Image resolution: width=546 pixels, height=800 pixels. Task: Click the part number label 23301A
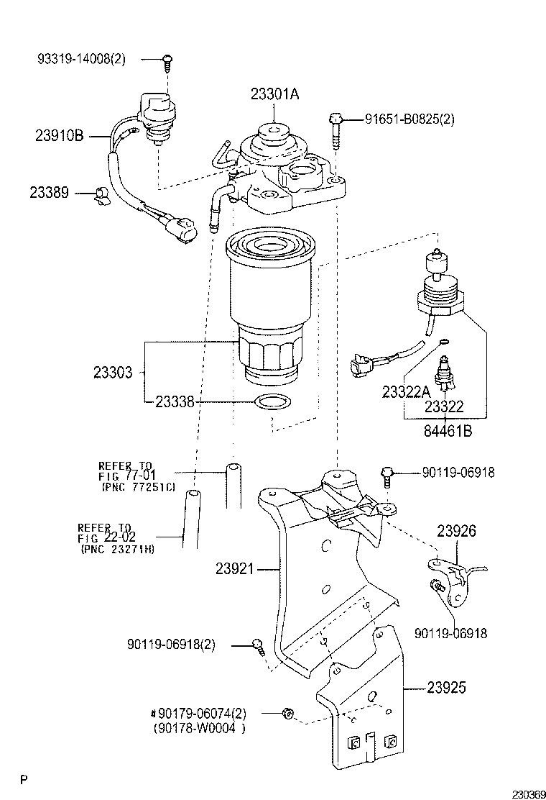[x=274, y=93]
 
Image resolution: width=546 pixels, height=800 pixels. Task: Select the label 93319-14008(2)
[x=81, y=60]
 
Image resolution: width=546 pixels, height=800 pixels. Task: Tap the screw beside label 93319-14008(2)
[x=167, y=61]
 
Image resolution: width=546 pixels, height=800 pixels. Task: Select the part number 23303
[x=113, y=372]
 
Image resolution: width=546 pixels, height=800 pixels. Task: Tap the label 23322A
[x=405, y=392]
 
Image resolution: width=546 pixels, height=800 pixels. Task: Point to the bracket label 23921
[x=235, y=568]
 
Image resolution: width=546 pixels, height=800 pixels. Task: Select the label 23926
[x=457, y=531]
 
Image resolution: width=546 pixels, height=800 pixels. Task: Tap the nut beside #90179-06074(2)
[x=287, y=713]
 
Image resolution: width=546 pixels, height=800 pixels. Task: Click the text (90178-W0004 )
[x=199, y=727]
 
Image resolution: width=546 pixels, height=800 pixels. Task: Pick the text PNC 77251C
[x=139, y=487]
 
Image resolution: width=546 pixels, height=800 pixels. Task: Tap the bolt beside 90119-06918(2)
[x=258, y=645]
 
